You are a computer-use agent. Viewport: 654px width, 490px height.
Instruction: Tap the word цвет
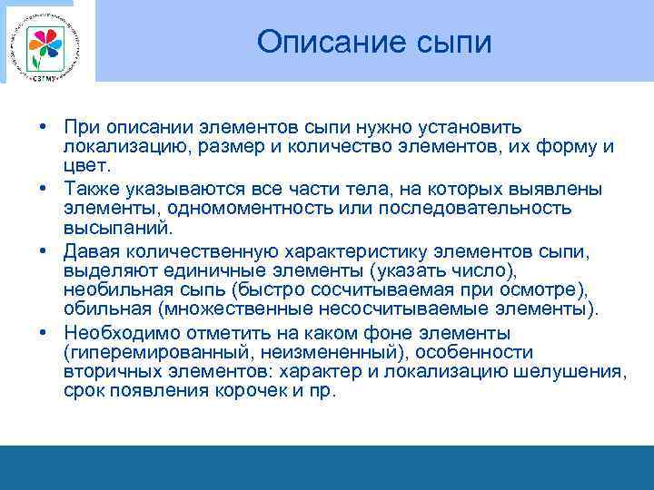point(86,168)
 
